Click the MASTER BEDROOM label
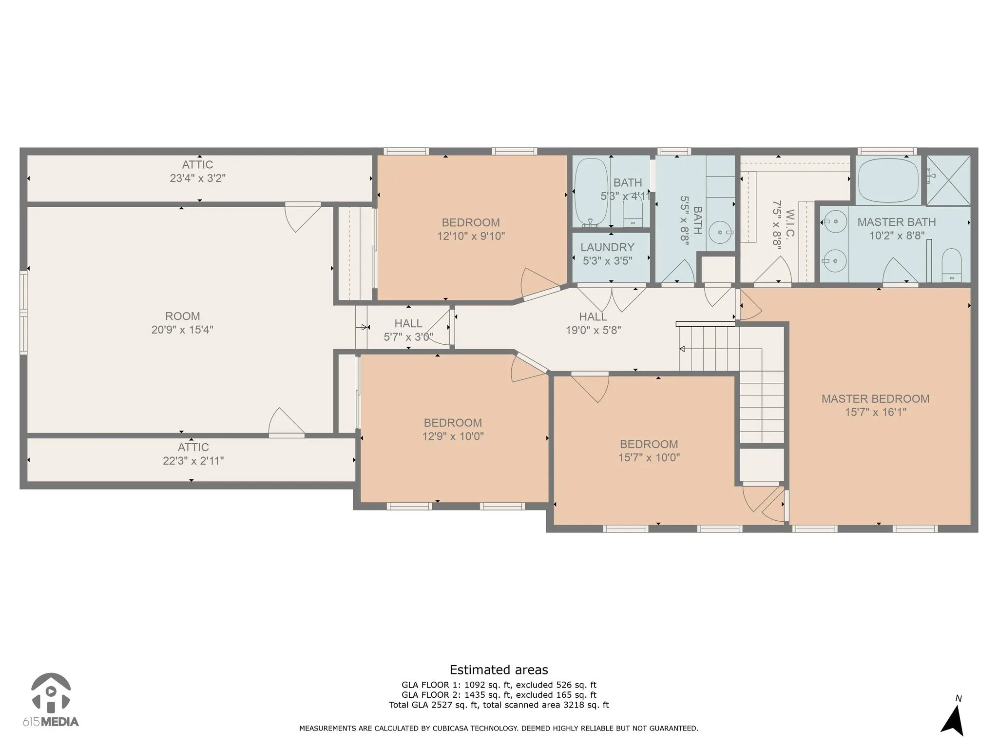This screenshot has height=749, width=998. [x=875, y=399]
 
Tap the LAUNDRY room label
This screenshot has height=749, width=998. [x=607, y=247]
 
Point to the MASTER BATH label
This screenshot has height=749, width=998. [x=897, y=222]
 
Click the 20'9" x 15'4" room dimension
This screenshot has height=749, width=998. [x=182, y=330]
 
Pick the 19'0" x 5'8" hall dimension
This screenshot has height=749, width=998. [x=593, y=330]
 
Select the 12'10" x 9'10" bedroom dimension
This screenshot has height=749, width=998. [x=471, y=237]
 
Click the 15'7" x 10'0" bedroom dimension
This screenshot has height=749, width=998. [x=649, y=458]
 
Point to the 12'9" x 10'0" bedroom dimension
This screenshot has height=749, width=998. [x=453, y=436]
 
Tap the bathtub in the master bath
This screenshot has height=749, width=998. [x=888, y=179]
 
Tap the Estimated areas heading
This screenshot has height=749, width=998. [x=499, y=670]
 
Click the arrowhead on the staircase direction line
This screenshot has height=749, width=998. [x=682, y=349]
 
